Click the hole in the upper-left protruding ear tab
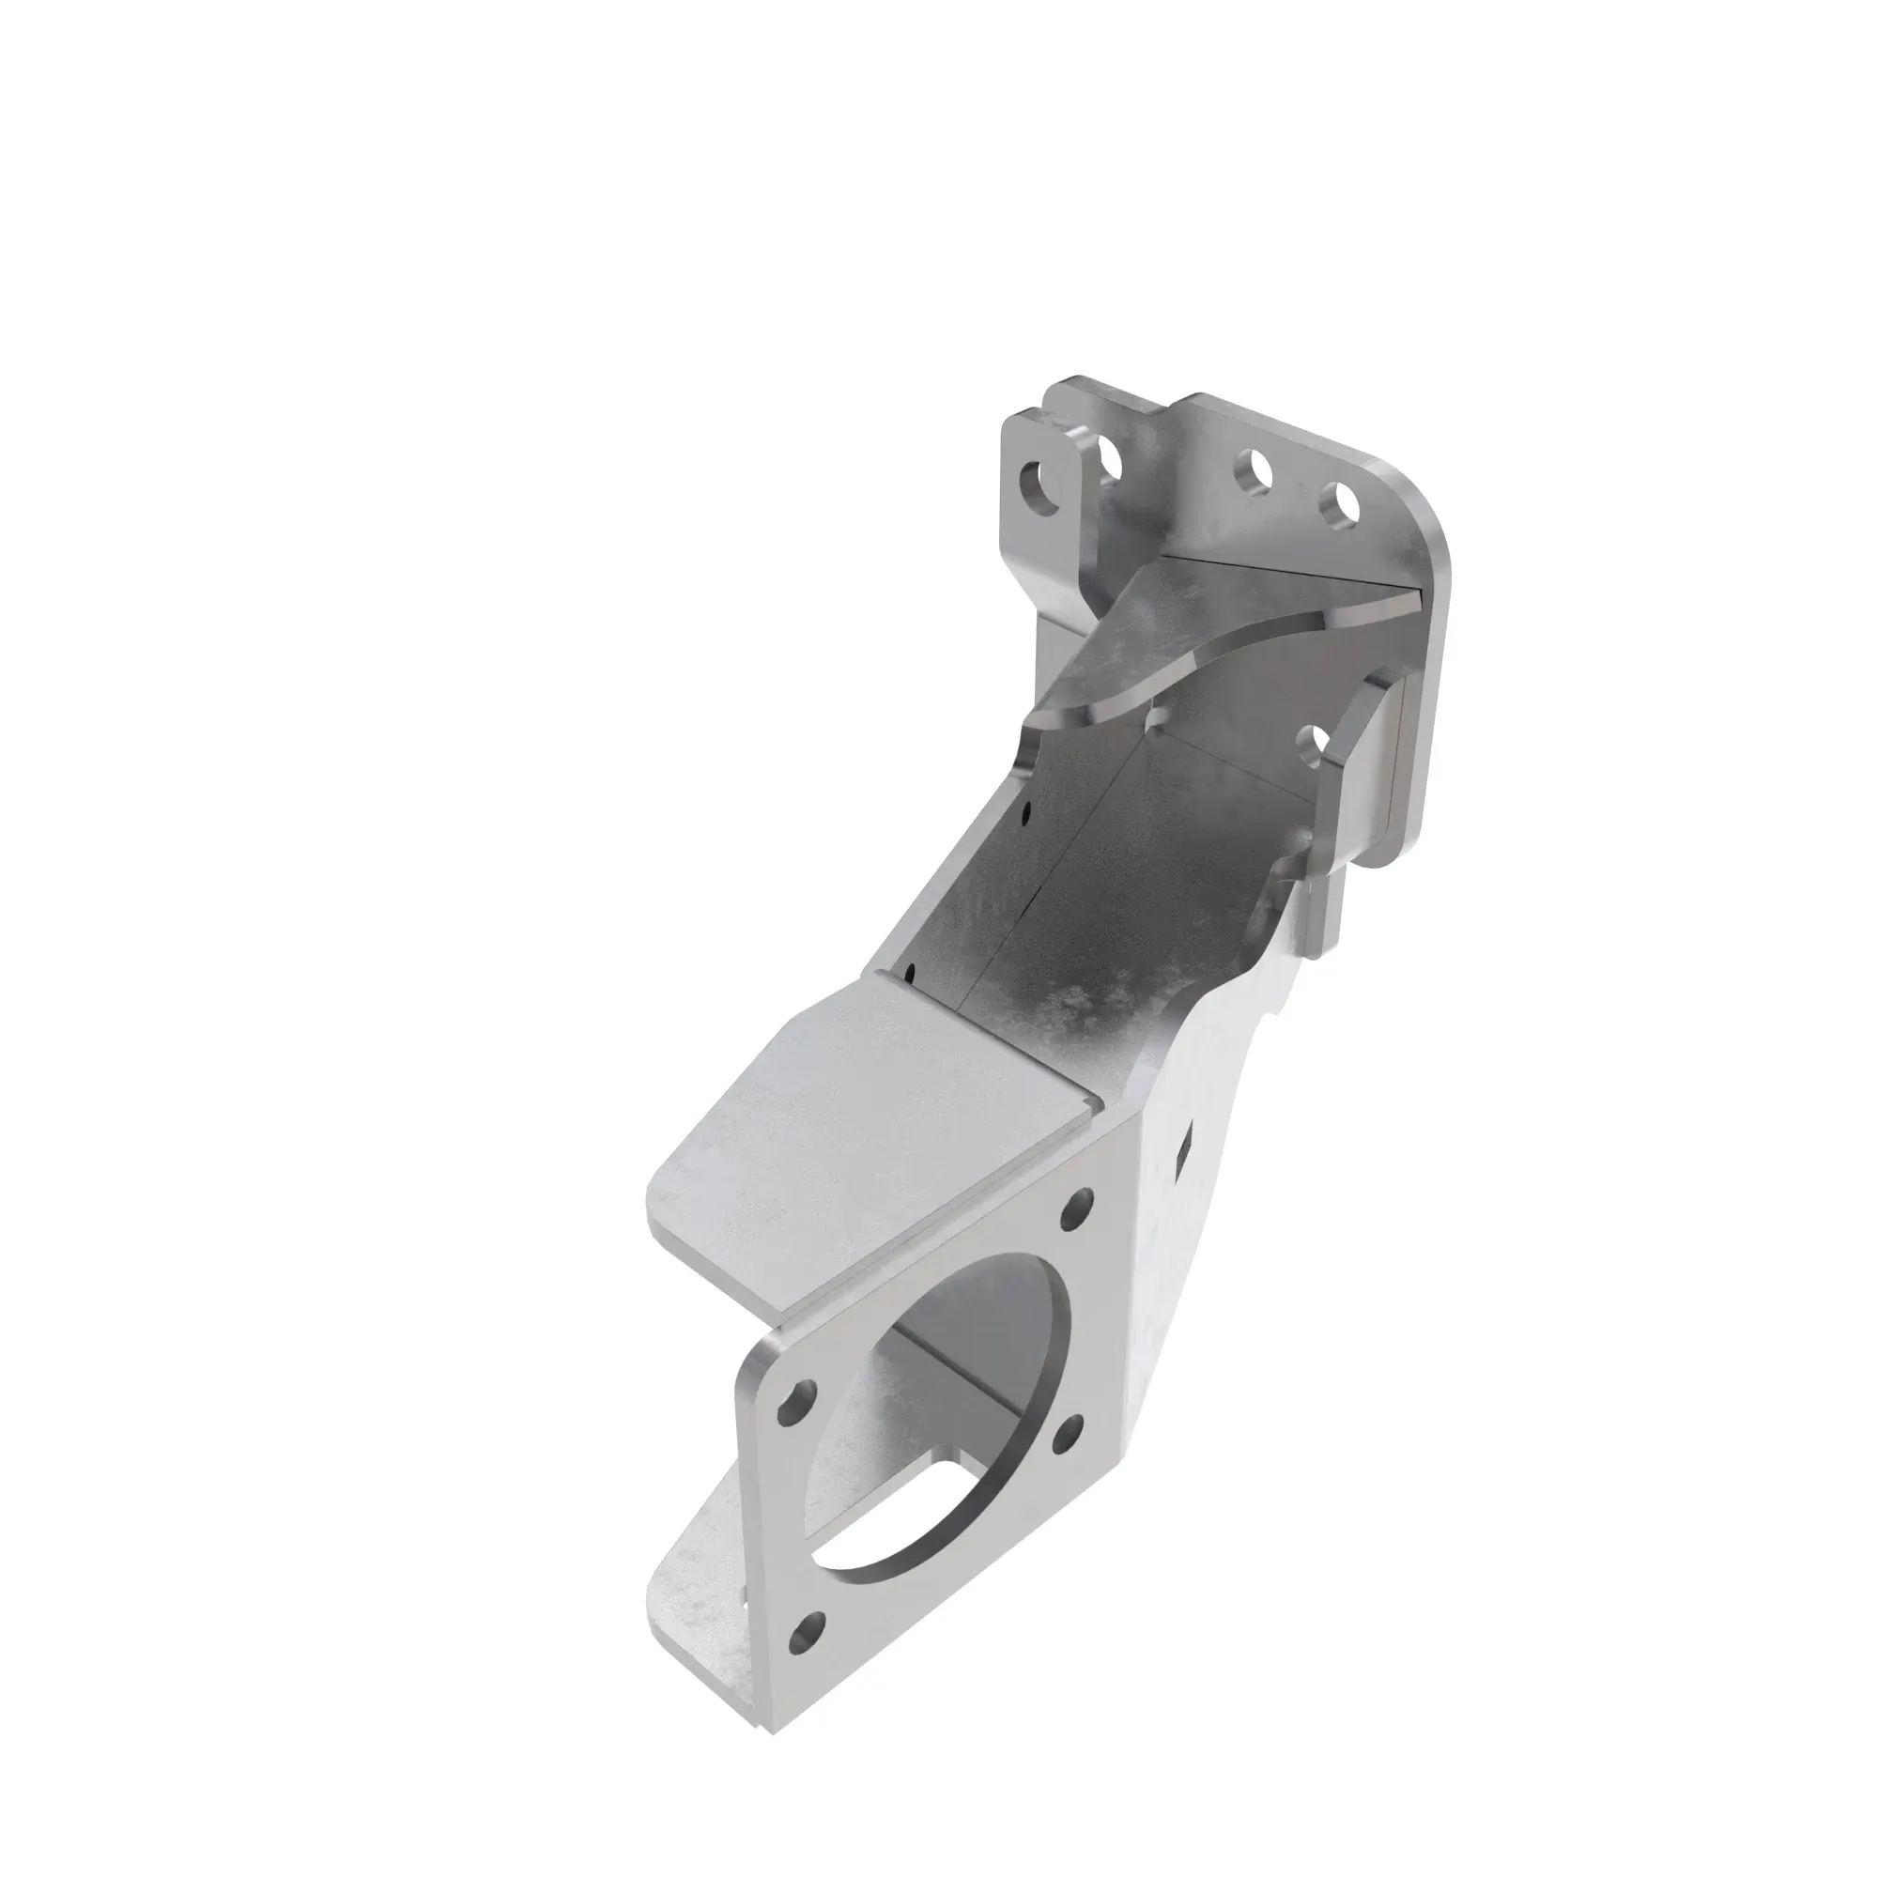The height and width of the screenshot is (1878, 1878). pyautogui.click(x=1042, y=486)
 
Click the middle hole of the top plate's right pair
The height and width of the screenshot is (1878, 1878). pyautogui.click(x=1255, y=472)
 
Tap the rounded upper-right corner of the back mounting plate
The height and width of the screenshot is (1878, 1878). pyautogui.click(x=1429, y=545)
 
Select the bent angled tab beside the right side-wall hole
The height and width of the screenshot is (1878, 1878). pyautogui.click(x=1361, y=739)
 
